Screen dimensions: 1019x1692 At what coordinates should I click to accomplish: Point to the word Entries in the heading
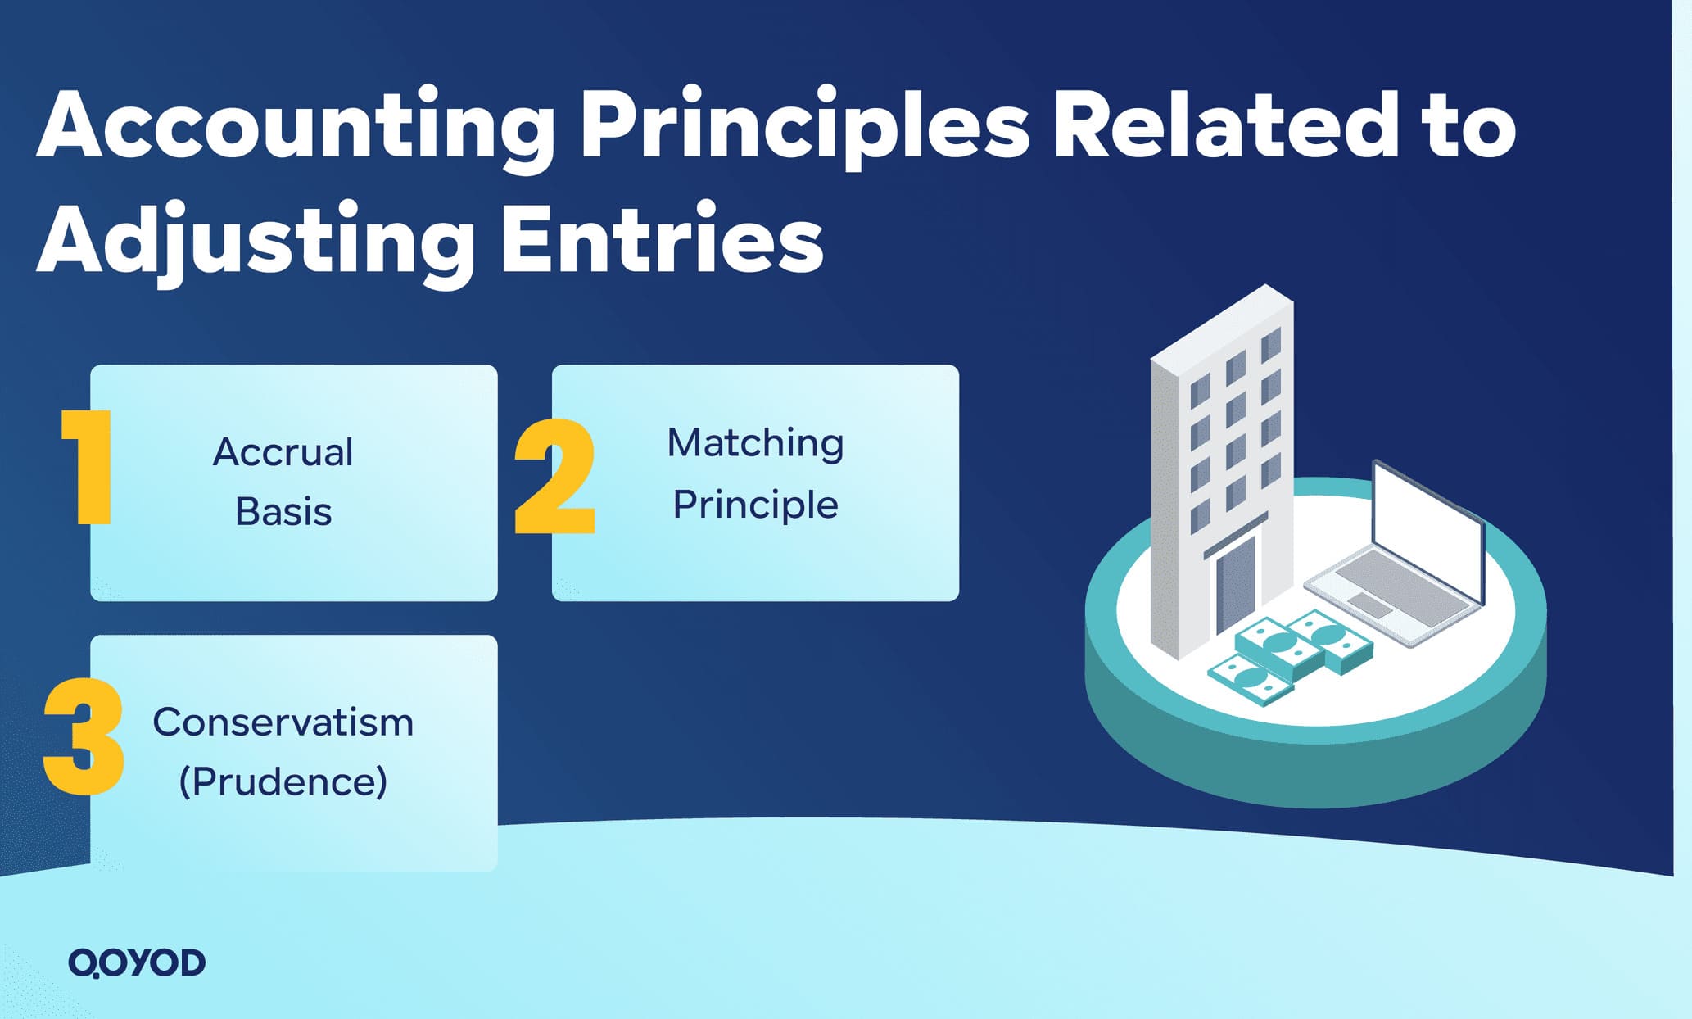[662, 239]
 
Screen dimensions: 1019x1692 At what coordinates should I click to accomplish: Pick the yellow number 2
[554, 477]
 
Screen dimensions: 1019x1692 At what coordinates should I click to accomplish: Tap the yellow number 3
[84, 735]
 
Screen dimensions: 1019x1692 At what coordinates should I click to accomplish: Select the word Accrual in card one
[283, 452]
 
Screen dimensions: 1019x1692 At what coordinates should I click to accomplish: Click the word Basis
[283, 513]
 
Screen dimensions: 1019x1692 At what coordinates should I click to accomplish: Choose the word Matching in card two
[755, 443]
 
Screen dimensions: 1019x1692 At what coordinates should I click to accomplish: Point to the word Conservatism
[283, 722]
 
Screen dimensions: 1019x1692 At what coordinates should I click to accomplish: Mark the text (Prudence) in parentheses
[283, 781]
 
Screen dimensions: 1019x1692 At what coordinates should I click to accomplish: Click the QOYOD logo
[137, 962]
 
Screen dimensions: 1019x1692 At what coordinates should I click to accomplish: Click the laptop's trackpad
[1370, 605]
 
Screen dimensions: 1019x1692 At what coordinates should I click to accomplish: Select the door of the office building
[1234, 582]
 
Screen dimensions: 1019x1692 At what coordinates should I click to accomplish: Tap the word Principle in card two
[755, 505]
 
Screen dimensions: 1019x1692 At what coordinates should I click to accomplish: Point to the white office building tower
[1220, 459]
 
